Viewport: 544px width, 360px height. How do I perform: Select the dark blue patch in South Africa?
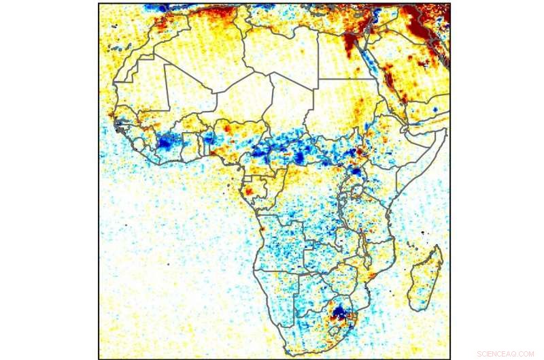[341, 314]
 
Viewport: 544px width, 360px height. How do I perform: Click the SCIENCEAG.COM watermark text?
[505, 354]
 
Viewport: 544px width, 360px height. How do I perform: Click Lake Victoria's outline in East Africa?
[354, 186]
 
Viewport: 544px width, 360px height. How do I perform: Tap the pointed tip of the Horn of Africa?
[446, 129]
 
